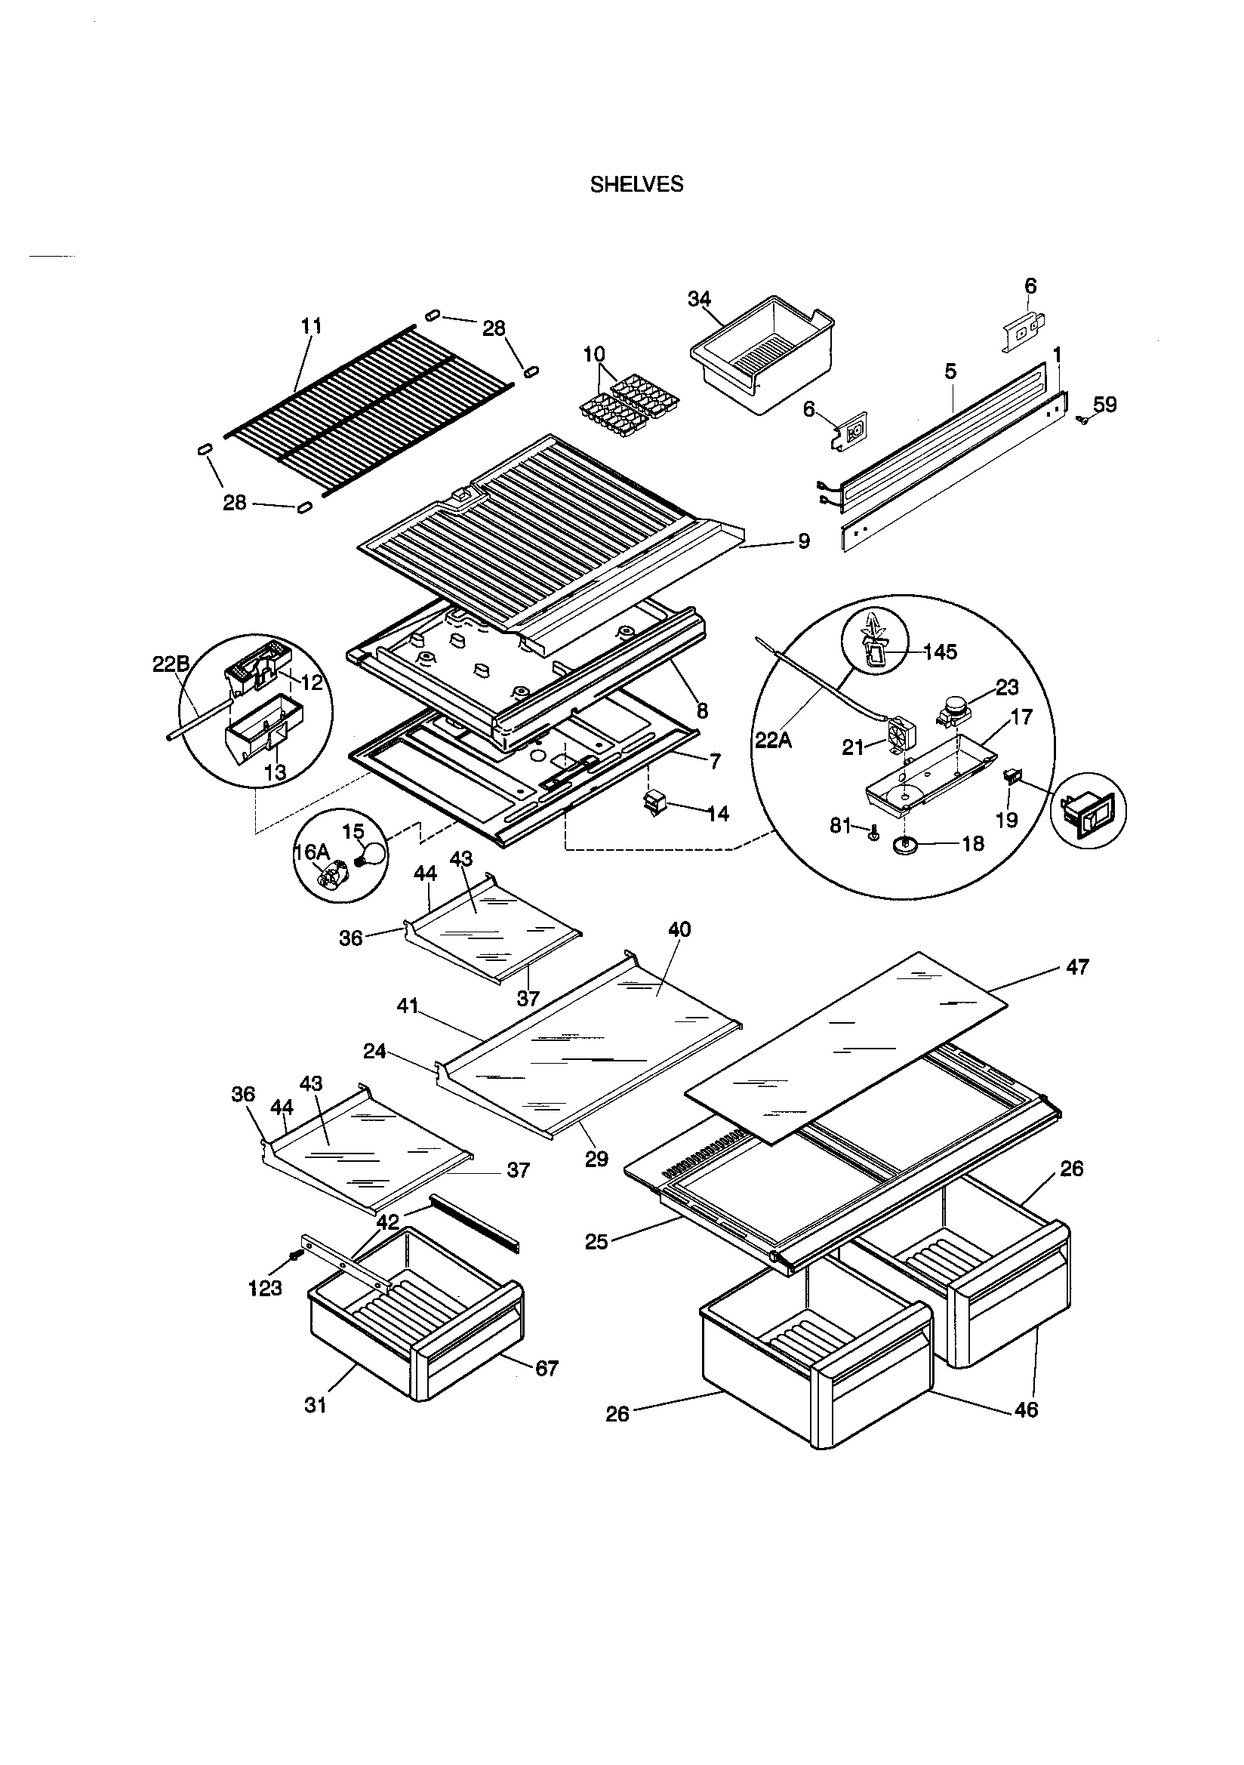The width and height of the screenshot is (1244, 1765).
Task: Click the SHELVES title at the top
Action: (636, 184)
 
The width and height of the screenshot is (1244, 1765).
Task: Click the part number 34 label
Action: (699, 298)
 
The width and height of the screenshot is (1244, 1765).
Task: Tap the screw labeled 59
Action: (1083, 420)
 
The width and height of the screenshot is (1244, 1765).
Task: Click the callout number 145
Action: (940, 652)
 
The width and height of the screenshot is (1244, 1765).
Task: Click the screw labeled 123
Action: (294, 1255)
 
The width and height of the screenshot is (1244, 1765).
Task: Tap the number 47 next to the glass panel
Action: (1077, 967)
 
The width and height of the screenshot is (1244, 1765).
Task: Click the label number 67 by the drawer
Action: (546, 1369)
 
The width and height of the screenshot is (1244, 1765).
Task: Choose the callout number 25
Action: (596, 1242)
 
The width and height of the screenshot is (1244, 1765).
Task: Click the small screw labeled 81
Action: (873, 835)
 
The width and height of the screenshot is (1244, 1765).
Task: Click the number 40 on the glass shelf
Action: (679, 929)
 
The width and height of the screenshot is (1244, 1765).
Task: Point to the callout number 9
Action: (803, 541)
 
